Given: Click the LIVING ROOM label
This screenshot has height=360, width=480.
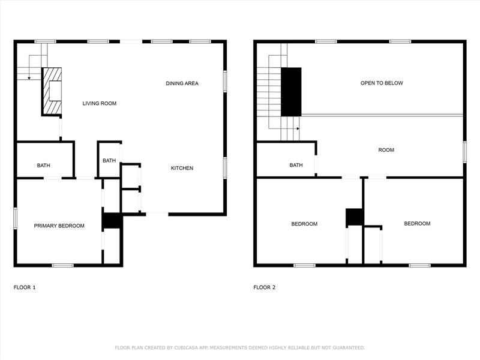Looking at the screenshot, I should point(99,104).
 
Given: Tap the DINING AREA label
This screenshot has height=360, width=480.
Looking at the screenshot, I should point(182,83).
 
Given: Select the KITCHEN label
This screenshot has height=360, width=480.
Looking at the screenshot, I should point(182,168).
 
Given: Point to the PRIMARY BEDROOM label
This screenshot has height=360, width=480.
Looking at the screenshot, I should point(59,226).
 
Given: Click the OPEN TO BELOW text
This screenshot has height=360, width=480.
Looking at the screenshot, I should point(381,83).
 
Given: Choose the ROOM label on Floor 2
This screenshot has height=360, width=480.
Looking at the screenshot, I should point(386,150).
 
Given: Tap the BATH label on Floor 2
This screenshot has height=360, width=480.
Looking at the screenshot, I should point(296,165).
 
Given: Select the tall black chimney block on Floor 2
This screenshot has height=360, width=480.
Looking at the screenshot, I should point(291,91).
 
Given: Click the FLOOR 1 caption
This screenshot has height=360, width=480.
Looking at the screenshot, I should point(25,287).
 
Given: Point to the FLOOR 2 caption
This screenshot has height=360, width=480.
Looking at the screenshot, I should point(265,287).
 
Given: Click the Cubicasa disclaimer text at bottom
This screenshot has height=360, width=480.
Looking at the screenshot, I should point(239,347).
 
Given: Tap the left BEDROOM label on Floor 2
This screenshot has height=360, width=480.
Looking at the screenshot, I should point(304,224).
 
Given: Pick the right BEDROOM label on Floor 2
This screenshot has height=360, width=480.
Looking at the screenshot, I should point(416,224).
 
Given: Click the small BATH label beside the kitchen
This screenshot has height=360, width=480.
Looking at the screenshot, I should point(109,160).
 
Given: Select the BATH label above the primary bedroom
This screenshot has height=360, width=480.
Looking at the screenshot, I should point(43,165).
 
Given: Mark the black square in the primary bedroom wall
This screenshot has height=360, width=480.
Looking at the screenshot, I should point(112,221).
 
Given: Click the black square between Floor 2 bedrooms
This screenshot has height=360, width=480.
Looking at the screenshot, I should point(355,217).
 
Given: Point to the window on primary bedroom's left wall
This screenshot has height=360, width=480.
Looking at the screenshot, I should point(16,217).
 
